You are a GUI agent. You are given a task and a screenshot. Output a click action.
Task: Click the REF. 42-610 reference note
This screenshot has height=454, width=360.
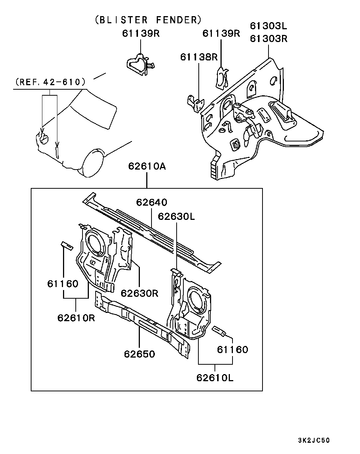coord(51,82)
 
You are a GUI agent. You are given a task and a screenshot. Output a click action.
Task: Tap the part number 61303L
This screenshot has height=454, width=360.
coord(268,26)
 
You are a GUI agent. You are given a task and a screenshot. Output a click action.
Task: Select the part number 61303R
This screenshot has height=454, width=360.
coord(268,39)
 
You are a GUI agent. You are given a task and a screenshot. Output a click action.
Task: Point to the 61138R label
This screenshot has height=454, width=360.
coord(199,57)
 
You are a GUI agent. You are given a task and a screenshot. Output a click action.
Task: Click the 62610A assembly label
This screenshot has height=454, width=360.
coord(147,166)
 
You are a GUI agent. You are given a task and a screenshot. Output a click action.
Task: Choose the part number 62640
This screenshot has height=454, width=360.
coord(151,202)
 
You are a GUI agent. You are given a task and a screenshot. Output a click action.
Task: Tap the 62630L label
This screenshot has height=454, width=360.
coord(176,216)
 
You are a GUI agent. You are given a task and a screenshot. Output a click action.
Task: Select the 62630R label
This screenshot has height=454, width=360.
coord(139,293)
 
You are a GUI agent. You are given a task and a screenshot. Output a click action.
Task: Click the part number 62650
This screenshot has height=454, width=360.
coord(139,354)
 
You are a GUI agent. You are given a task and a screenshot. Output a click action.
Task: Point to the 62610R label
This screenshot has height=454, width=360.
coord(76,318)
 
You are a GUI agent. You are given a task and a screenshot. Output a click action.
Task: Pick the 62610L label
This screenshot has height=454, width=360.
coord(215,377)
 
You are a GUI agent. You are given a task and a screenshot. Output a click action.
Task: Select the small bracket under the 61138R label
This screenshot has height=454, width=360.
coord(195,103)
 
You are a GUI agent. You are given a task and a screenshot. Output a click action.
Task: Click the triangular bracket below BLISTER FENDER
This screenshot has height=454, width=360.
coord(140,64)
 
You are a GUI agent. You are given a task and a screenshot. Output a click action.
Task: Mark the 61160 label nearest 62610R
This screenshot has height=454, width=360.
coord(63,284)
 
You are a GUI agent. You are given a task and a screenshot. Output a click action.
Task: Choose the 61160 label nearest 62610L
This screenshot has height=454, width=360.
coord(232,350)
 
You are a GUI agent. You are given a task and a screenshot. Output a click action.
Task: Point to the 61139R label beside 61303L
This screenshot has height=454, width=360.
coord(221,33)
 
